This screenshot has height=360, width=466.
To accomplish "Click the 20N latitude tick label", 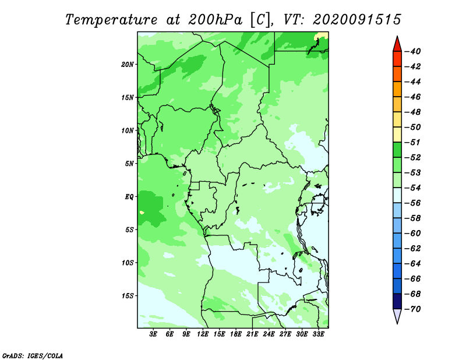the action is pyautogui.click(x=127, y=65).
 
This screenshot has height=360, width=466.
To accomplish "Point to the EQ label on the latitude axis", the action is pyautogui.click(x=129, y=197).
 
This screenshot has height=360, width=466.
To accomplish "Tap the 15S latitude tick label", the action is pyautogui.click(x=127, y=296).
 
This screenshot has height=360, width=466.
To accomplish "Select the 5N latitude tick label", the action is pyautogui.click(x=129, y=164).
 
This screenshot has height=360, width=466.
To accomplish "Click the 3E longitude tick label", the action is pyautogui.click(x=153, y=334).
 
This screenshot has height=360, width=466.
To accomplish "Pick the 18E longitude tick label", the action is pyautogui.click(x=236, y=334).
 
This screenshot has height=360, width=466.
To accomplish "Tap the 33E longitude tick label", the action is pyautogui.click(x=318, y=334).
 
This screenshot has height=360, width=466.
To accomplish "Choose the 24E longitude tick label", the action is pyautogui.click(x=269, y=334).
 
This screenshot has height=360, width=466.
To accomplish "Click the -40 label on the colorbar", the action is pyautogui.click(x=412, y=51).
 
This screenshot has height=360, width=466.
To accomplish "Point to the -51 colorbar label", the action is pyautogui.click(x=412, y=142).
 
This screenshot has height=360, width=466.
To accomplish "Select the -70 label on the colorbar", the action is pyautogui.click(x=412, y=309).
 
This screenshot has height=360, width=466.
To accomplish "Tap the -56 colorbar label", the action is pyautogui.click(x=412, y=203).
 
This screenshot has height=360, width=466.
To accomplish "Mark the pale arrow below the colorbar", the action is pyautogui.click(x=397, y=315).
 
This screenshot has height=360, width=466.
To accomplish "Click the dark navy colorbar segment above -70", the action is pyautogui.click(x=397, y=301).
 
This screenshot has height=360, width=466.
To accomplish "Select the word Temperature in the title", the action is pyautogui.click(x=111, y=20).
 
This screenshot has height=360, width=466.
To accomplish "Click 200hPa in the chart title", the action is pyautogui.click(x=216, y=20).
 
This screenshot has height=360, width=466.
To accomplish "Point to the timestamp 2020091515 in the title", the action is pyautogui.click(x=357, y=20).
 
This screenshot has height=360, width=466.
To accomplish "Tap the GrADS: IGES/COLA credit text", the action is pyautogui.click(x=33, y=355).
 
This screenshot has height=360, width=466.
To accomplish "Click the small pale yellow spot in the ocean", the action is pyautogui.click(x=142, y=213).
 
